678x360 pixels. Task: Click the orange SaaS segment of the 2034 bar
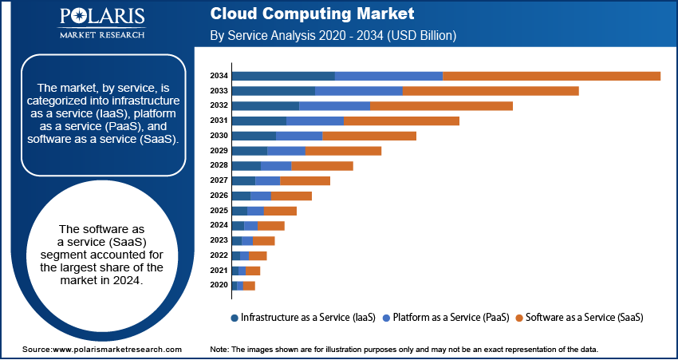click(551, 76)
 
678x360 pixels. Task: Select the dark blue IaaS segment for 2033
click(273, 91)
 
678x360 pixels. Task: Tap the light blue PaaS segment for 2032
click(334, 105)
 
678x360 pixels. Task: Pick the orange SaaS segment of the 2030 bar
click(369, 136)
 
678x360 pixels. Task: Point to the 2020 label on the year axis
click(219, 285)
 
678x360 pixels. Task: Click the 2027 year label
click(219, 180)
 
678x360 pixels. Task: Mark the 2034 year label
click(219, 76)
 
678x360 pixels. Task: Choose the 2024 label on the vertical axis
click(219, 225)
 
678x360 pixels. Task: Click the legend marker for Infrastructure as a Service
click(234, 318)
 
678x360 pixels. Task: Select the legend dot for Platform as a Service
click(386, 318)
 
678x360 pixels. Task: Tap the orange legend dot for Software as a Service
click(518, 318)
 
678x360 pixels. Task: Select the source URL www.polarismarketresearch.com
click(116, 350)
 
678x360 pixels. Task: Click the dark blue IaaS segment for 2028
click(246, 165)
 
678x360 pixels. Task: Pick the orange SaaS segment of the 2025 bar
click(280, 211)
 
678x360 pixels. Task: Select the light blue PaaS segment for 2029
click(286, 151)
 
